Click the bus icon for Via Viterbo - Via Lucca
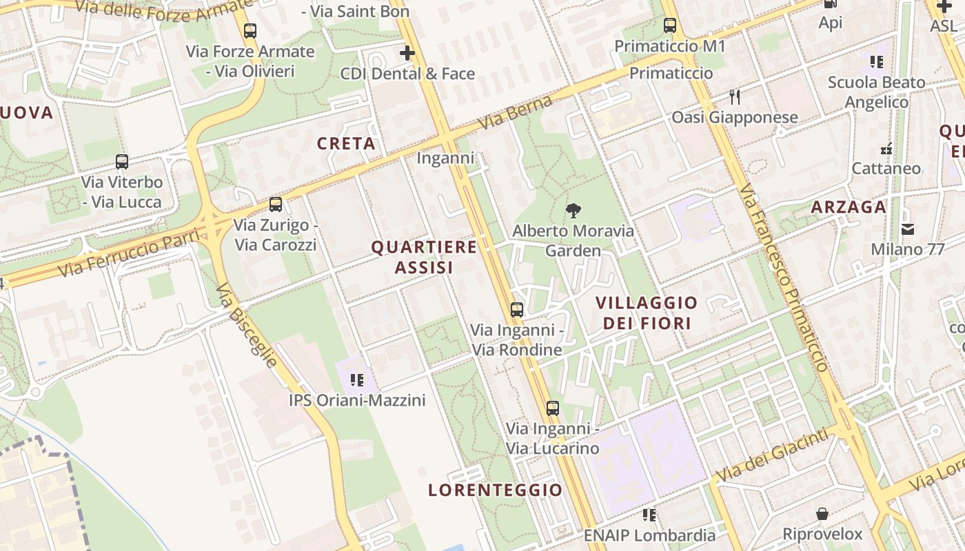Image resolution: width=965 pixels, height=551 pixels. tap(122, 162)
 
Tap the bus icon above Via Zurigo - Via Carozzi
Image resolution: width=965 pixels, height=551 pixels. tap(276, 205)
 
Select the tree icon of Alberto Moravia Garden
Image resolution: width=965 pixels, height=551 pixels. tap(572, 211)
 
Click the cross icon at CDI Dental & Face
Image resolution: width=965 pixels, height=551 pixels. tap(407, 53)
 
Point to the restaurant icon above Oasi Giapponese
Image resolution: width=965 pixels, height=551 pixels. tap(735, 97)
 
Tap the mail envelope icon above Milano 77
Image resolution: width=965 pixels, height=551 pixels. tap(907, 229)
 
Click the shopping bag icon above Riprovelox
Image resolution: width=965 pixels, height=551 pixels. tap(822, 514)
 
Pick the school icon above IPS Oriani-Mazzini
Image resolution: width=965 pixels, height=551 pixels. tap(356, 380)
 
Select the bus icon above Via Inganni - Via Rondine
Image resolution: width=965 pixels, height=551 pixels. tap(517, 310)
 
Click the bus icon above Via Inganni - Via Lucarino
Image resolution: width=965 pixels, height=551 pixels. tap(553, 408)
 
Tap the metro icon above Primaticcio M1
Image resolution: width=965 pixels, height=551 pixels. tap(670, 26)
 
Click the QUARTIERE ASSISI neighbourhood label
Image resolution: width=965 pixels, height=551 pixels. tap(424, 257)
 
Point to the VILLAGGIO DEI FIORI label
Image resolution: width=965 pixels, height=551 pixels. tap(647, 312)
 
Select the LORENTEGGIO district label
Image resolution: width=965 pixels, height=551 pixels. tap(495, 490)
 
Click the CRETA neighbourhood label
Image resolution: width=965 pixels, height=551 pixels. tap(346, 143)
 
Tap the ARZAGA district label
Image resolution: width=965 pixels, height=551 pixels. tap(848, 207)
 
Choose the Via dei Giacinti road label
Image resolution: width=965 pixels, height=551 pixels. tap(772, 455)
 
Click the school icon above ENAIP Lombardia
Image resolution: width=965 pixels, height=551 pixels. tap(649, 514)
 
